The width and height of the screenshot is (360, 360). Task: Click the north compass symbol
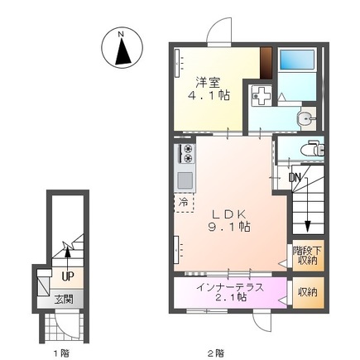click(x=122, y=47)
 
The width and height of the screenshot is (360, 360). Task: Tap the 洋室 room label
click(x=208, y=83)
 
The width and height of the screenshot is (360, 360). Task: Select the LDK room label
click(x=228, y=214)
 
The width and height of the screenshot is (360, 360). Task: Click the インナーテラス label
click(x=230, y=287)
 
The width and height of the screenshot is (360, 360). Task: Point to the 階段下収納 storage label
click(x=307, y=255)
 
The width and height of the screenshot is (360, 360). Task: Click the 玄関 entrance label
click(x=64, y=300)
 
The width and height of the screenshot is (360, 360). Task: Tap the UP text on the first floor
click(x=67, y=276)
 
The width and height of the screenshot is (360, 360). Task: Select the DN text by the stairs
click(x=295, y=178)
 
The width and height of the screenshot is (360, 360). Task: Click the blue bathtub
click(x=297, y=60)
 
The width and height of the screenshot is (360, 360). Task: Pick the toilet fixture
click(x=312, y=149)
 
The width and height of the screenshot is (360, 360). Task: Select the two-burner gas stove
click(x=188, y=153)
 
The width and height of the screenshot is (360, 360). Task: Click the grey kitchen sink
click(x=185, y=180)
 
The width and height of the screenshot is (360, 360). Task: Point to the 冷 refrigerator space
click(x=184, y=202)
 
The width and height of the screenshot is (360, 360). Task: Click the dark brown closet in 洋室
click(x=266, y=64)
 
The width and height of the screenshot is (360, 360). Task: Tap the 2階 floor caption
click(x=216, y=353)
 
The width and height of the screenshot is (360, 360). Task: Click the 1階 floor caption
click(x=61, y=353)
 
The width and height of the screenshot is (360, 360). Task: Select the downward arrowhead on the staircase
click(x=307, y=227)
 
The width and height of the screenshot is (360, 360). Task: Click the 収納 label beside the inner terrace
click(x=307, y=292)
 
